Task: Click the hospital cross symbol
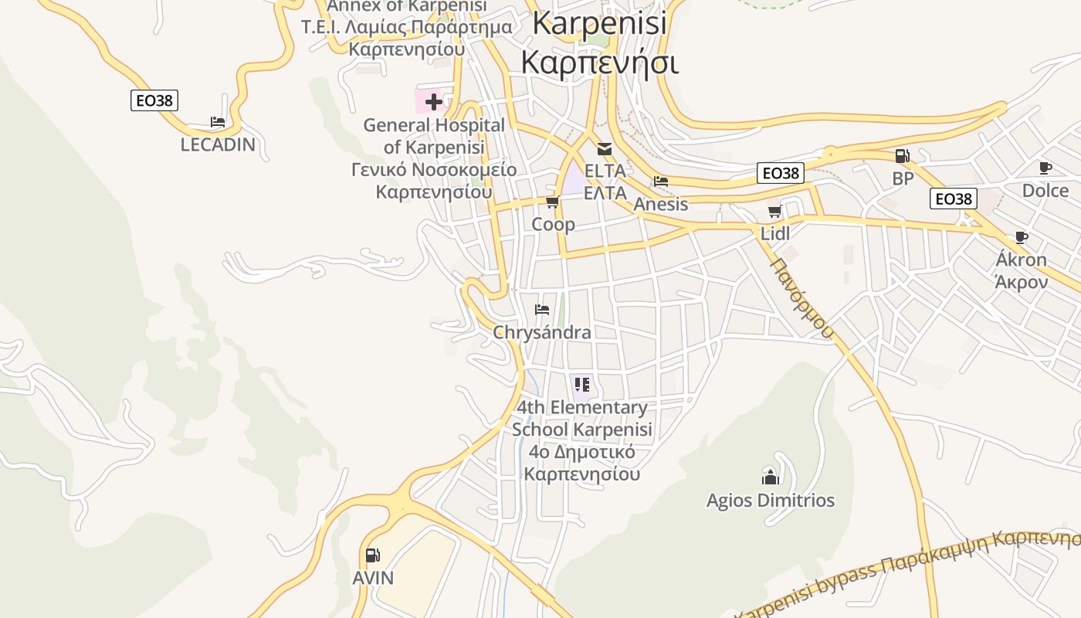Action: click(x=433, y=101)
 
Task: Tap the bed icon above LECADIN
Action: click(x=218, y=122)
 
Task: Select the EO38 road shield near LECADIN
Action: click(x=154, y=100)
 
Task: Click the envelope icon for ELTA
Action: click(x=604, y=149)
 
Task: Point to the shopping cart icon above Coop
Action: click(x=552, y=202)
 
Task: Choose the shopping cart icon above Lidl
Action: click(x=774, y=212)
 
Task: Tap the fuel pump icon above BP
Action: click(x=902, y=156)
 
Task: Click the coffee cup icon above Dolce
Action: click(x=1045, y=168)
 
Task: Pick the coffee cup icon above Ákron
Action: click(x=1022, y=237)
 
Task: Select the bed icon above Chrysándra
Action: click(x=542, y=310)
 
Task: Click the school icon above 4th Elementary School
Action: click(x=582, y=384)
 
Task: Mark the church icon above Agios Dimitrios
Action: click(x=770, y=477)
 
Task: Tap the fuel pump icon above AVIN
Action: click(x=373, y=555)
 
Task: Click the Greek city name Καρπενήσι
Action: click(x=600, y=62)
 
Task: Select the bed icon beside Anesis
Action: click(x=661, y=182)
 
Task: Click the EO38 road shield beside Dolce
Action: click(x=954, y=199)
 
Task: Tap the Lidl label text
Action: click(x=775, y=233)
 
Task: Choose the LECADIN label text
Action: click(x=218, y=144)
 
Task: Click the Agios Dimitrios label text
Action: click(x=771, y=501)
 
